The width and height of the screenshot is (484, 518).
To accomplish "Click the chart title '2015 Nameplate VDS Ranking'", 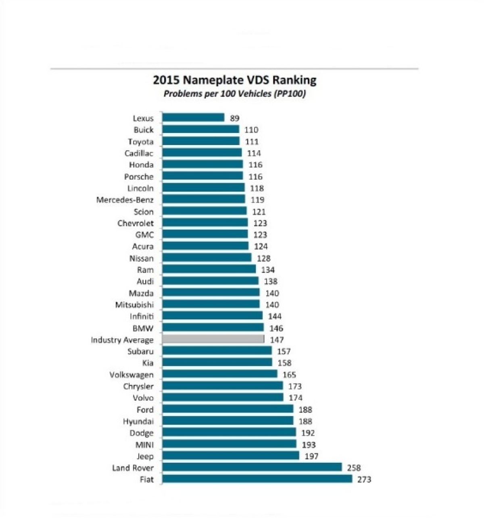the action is pos(234,80).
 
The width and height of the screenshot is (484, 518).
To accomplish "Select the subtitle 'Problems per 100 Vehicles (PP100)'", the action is pos(234,93).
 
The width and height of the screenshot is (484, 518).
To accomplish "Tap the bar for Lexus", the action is pos(193,117).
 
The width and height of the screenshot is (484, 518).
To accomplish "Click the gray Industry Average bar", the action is pos(213,339).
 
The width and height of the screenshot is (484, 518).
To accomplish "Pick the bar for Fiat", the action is pos(257,479).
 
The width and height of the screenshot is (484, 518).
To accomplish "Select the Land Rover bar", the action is pos(252,467).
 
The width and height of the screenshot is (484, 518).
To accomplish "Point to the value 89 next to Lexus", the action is pos(234,118).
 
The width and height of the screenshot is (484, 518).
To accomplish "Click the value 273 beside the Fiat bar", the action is pos(364,479).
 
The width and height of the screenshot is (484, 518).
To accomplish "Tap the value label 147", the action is pos(277,340).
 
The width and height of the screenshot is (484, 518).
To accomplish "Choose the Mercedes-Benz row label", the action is pos(125,200).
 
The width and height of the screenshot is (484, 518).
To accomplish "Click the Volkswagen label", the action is pos(131,375).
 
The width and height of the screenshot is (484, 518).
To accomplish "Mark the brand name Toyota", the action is pos(140,142).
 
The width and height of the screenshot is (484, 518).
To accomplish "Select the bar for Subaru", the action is pos(217,350).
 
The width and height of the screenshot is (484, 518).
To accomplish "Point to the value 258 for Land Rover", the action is pos(353,468).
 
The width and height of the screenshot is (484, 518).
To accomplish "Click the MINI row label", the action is pos(144,445).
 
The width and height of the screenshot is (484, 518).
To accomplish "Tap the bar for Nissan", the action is pos(207,257).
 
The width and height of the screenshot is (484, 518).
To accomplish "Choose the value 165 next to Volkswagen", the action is pos(289,375).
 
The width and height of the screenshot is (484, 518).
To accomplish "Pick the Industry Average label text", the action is pos(122,340).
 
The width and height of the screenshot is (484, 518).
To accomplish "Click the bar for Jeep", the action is pos(231,456).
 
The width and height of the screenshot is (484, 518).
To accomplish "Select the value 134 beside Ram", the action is pos(268,270).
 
